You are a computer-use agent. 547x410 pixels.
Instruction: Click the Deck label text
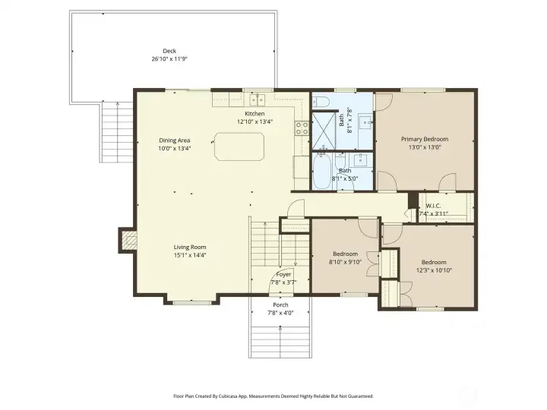coord(169,52)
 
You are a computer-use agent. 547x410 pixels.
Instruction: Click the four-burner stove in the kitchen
coord(302,128)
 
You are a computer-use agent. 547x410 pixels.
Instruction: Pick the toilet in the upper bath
coord(321,102)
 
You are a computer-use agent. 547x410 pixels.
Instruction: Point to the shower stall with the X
coord(324,132)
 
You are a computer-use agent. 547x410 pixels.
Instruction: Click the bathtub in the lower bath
coord(321,172)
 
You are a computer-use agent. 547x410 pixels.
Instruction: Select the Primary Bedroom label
coord(425,139)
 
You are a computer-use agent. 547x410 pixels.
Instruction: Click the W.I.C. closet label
coord(433,206)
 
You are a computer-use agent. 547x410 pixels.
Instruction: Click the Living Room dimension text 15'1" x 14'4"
coord(190,256)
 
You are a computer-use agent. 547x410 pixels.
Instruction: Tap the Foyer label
coord(283,274)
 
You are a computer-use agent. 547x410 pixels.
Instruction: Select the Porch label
coord(280,305)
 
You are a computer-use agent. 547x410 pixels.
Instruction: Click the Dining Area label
coord(175,140)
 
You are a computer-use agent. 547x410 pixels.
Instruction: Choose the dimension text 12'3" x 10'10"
coord(433,270)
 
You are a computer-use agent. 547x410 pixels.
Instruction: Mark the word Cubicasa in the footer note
coord(241,396)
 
